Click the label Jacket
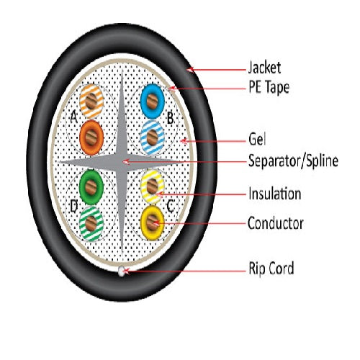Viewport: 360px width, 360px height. coord(264,68)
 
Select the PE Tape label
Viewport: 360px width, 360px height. coord(269,87)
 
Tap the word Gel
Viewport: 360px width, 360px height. coord(257,139)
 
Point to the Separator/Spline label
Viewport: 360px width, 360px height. coord(293,161)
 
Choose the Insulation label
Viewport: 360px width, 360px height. coord(274,194)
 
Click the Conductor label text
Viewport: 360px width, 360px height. coord(276,223)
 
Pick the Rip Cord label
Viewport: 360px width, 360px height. coord(271,268)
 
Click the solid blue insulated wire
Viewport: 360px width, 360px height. coord(152,102)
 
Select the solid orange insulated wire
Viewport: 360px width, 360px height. coord(91,138)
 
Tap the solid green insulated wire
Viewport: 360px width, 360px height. coord(91,187)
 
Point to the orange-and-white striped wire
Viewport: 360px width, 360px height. coord(91,102)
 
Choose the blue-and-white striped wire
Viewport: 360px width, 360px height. coord(152,138)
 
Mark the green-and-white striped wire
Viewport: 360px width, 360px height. coord(91,223)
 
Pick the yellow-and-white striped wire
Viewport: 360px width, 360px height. coord(153,186)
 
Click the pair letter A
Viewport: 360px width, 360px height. coord(74,117)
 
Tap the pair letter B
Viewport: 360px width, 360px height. coord(170,118)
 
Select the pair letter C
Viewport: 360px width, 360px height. coord(170,206)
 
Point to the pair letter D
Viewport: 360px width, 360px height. coord(74,207)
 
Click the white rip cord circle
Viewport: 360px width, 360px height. coord(122,271)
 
